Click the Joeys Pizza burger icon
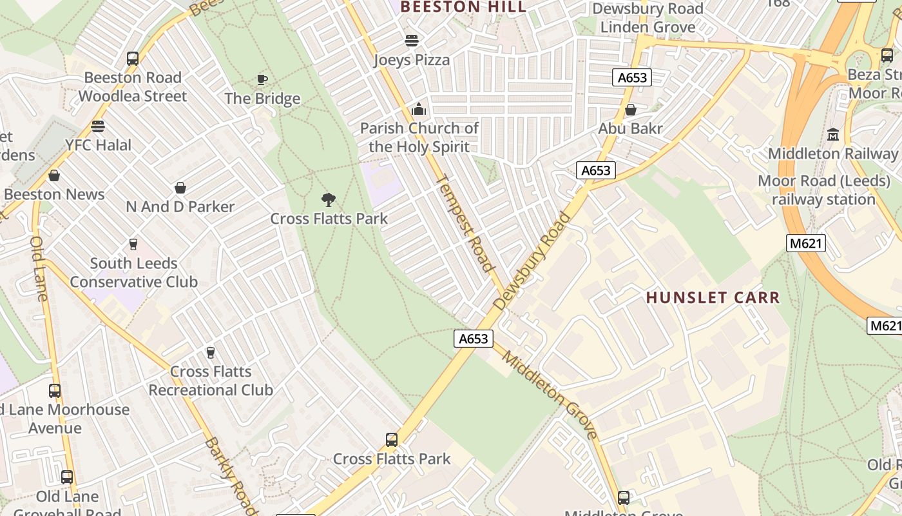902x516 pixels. coord(412,41)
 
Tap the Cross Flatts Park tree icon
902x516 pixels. coord(329,200)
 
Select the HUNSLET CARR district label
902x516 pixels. coord(713,297)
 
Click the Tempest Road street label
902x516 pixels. coord(465,223)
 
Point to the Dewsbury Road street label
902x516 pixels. coord(532,261)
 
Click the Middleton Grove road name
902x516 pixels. coord(550,395)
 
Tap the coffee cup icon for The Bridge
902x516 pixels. coord(262,79)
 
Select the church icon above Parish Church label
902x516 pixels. coord(419,109)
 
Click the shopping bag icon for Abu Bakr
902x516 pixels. coord(631,110)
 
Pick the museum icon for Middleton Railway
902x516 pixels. coord(833,135)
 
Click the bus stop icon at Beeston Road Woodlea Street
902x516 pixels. coord(133,59)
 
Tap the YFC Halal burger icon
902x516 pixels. coord(98,126)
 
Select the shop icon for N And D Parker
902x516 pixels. coord(180,188)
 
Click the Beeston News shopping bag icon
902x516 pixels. coord(54,175)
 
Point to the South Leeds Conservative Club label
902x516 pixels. coord(133,272)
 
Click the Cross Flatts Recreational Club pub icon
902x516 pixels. coord(210,352)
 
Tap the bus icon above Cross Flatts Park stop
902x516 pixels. coord(391,440)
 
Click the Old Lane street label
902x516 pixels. coord(39,268)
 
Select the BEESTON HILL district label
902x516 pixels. coord(463,7)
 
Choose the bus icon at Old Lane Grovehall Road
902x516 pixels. coord(67,477)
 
